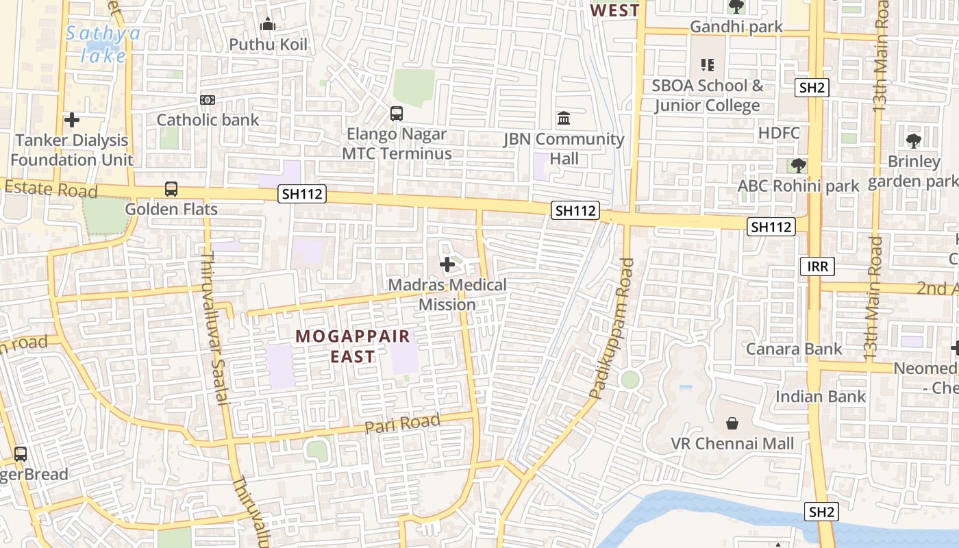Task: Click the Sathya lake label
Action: (x=103, y=44)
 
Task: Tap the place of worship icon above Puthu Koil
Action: (x=268, y=25)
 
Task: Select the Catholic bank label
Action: (x=208, y=120)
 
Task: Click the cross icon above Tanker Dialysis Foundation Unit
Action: (x=71, y=121)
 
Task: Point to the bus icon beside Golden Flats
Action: (x=171, y=189)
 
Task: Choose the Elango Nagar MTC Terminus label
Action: (x=397, y=144)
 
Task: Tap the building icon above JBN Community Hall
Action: (x=564, y=119)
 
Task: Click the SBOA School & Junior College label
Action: (x=707, y=95)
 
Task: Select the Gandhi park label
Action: (x=736, y=27)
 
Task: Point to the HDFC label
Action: (x=779, y=133)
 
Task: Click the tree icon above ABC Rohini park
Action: (x=798, y=166)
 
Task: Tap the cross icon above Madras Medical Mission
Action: (x=447, y=264)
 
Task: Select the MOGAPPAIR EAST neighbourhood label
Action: (x=353, y=346)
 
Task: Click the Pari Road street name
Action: (x=402, y=424)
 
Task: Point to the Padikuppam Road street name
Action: (x=610, y=329)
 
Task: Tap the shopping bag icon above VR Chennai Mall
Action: (x=732, y=423)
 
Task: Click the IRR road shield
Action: (x=817, y=266)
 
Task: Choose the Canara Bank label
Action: (x=794, y=349)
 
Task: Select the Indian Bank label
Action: (x=820, y=397)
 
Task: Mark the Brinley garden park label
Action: (x=914, y=171)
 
